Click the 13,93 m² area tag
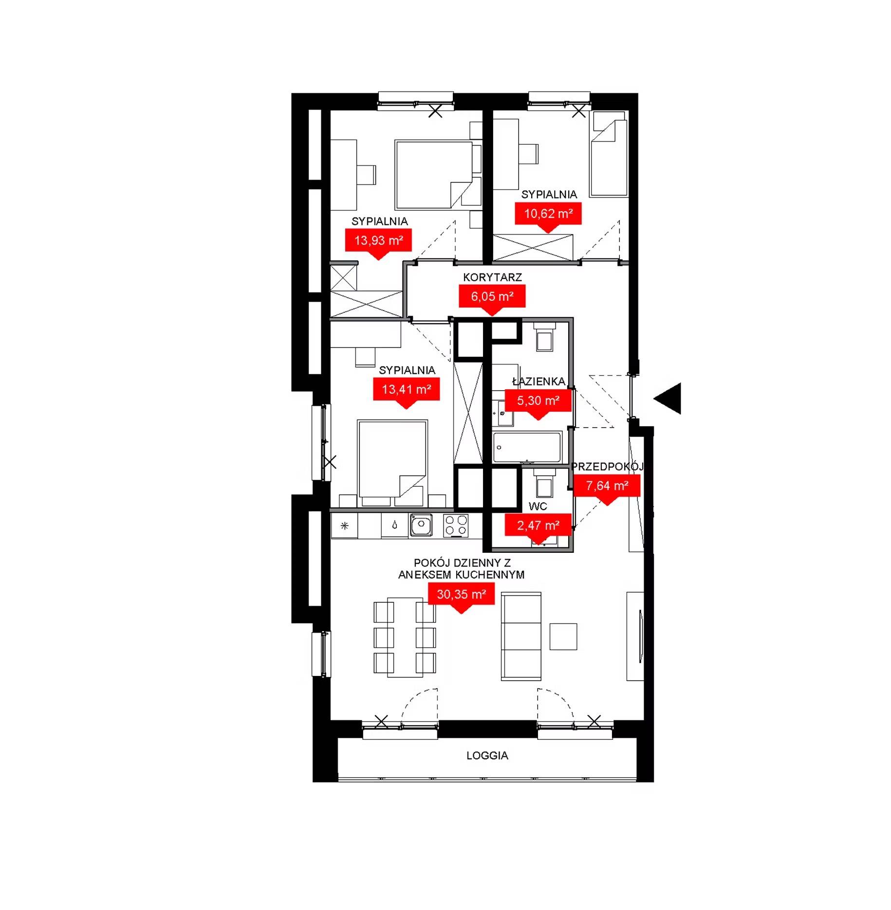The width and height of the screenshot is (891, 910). click(x=378, y=241)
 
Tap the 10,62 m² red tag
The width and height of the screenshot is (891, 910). click(x=548, y=214)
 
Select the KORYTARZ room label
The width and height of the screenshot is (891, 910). click(x=492, y=277)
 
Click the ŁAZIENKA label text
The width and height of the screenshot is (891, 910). click(x=538, y=381)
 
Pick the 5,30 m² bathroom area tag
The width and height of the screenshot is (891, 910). click(x=538, y=401)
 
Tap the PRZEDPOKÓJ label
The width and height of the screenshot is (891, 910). click(x=607, y=466)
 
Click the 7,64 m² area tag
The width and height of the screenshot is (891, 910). click(x=607, y=486)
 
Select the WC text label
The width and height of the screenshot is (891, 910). click(x=538, y=506)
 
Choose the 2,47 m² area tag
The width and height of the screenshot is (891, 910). click(x=538, y=526)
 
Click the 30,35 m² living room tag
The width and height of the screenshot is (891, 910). click(x=461, y=594)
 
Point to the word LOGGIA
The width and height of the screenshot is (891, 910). click(x=487, y=756)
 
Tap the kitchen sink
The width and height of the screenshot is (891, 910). click(x=421, y=526)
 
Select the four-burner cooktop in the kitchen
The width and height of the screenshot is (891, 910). click(x=456, y=526)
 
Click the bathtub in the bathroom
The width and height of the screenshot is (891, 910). click(x=527, y=446)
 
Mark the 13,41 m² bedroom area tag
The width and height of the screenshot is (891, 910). click(x=406, y=390)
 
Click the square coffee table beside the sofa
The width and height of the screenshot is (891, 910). click(x=563, y=637)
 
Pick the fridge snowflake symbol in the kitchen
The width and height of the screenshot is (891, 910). click(x=345, y=526)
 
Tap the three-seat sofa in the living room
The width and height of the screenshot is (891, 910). click(x=521, y=636)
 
